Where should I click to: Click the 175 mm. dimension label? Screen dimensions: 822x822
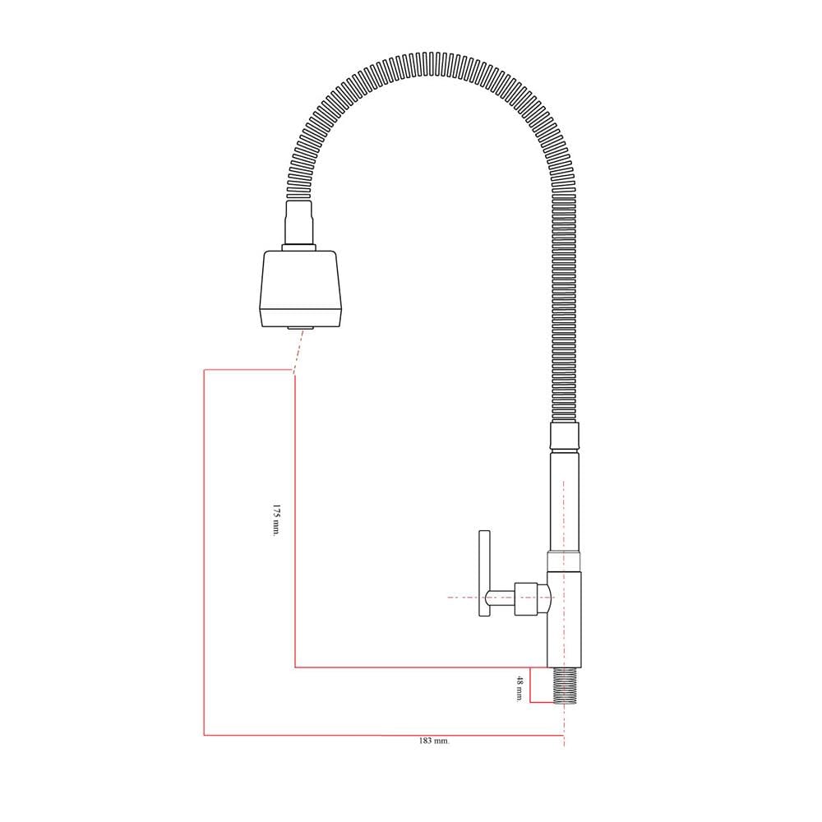pyautogui.click(x=276, y=520)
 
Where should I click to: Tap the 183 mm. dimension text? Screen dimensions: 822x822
pyautogui.click(x=434, y=741)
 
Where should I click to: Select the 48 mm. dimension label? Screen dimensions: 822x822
pyautogui.click(x=520, y=688)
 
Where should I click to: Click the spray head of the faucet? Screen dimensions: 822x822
pyautogui.click(x=302, y=289)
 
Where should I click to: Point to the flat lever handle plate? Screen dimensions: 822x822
pyautogui.click(x=484, y=573)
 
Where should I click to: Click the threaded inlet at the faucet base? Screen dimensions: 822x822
pyautogui.click(x=565, y=686)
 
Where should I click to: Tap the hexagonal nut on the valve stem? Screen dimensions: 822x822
pyautogui.click(x=526, y=598)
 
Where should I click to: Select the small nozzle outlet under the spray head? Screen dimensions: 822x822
pyautogui.click(x=300, y=328)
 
